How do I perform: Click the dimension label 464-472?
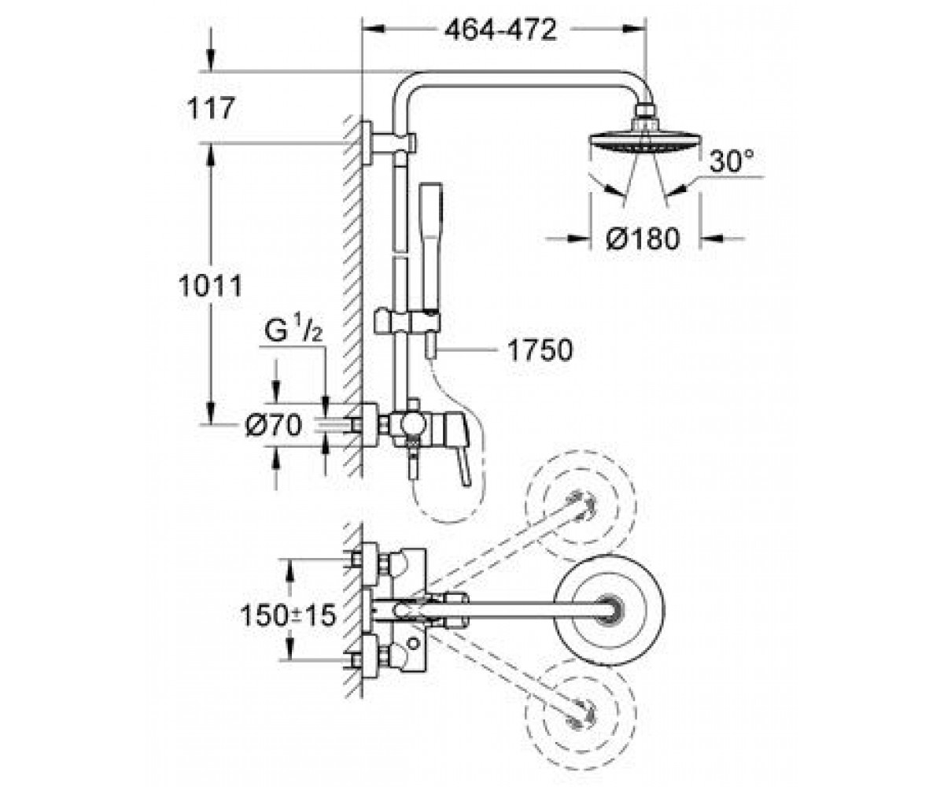500,30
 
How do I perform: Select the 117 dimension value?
211,109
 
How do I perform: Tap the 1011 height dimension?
211,286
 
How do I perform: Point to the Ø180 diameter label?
643,238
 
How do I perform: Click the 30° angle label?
732,161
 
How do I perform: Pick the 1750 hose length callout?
540,349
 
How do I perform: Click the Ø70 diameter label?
273,426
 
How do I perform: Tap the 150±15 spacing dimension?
289,615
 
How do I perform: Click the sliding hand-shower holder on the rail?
407,322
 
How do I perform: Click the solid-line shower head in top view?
609,610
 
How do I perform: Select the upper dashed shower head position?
581,506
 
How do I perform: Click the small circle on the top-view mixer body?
412,644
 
